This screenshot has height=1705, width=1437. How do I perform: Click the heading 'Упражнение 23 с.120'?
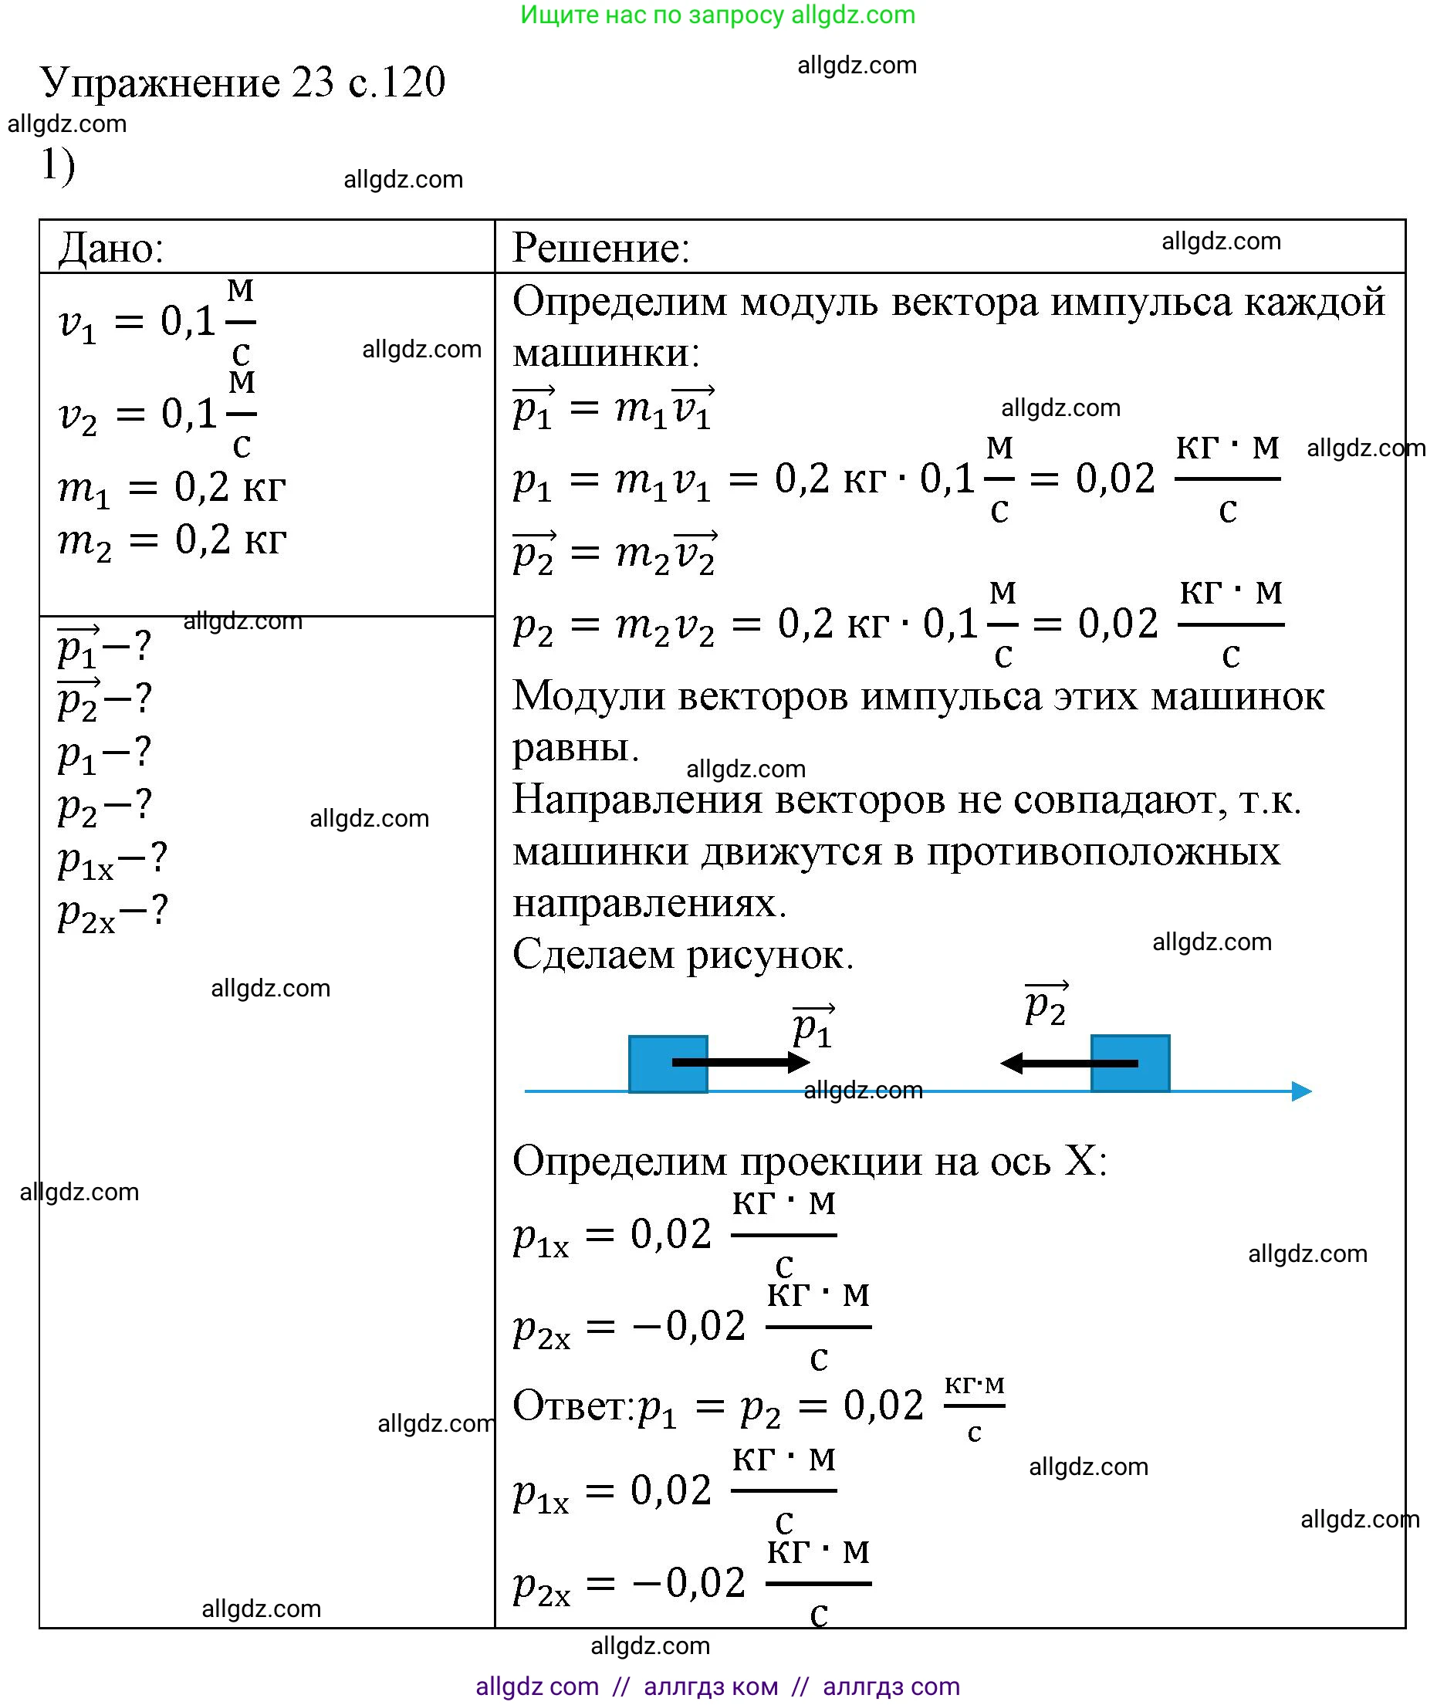(x=243, y=83)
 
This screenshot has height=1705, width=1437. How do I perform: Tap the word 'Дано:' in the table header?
(x=112, y=248)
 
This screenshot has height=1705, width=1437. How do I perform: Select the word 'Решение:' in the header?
(x=601, y=248)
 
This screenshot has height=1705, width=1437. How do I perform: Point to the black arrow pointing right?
(x=739, y=1062)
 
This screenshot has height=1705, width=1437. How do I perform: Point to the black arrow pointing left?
(x=1067, y=1063)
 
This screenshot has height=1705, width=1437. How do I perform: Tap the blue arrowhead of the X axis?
(x=1301, y=1091)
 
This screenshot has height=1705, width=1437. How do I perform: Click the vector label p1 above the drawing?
(x=813, y=1027)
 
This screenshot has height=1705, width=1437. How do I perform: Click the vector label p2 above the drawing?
(x=1046, y=1004)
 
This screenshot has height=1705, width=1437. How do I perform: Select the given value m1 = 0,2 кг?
(x=172, y=489)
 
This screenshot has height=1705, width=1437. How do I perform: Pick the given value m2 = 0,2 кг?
(x=172, y=540)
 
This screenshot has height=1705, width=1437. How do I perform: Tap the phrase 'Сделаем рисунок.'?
(x=683, y=955)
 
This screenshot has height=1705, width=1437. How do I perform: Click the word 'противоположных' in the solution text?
(x=1103, y=852)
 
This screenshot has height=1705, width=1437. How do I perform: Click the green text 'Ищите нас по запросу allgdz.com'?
(x=718, y=15)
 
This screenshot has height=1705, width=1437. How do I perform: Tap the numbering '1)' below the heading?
(x=58, y=165)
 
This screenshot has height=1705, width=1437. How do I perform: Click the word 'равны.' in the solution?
(x=575, y=748)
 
